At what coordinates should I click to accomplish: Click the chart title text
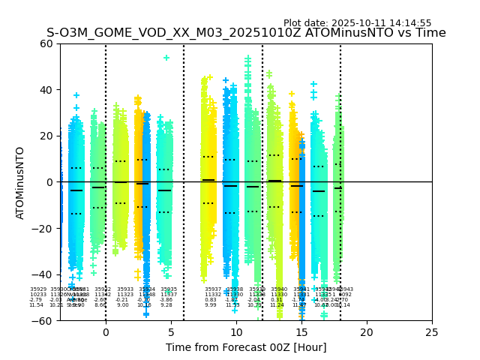pos(246,33)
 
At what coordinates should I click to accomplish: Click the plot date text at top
pos(357,23)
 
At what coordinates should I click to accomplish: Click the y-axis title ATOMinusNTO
pos(21,182)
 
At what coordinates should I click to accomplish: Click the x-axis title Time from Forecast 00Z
pos(246,347)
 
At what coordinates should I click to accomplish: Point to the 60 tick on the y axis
pos(46,43)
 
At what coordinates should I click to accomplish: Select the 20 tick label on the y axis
pos(46,136)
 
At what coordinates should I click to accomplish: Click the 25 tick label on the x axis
pos(432,331)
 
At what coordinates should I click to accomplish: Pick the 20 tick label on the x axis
pos(367,331)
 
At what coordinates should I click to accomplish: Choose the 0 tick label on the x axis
pos(106,331)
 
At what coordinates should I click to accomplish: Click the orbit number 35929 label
pos(38,289)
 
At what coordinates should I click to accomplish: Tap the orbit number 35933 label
pos(125,289)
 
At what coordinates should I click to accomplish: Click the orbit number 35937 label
pos(213,289)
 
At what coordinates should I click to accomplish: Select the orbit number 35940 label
pos(279,289)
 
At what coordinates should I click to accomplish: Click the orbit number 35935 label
pos(169,289)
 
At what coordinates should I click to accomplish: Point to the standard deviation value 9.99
pos(211,305)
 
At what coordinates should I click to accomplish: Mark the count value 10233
pos(38,295)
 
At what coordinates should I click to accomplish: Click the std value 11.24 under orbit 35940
pos(277,305)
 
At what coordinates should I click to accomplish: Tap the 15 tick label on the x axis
pos(301,331)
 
